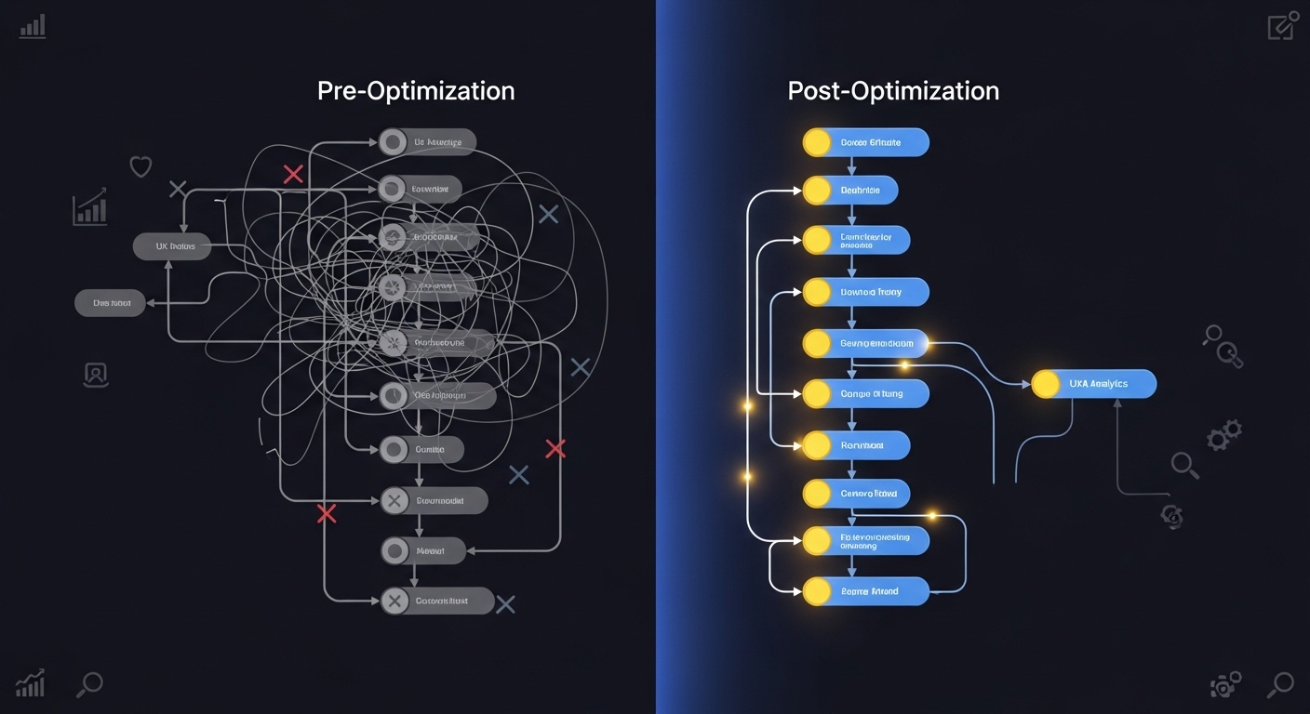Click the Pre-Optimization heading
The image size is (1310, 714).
tap(415, 91)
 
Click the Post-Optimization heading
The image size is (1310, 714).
tap(893, 91)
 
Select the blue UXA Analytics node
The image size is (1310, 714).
tap(1094, 384)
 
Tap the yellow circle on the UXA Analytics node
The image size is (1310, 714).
tap(1046, 384)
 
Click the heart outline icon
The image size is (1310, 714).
tap(140, 167)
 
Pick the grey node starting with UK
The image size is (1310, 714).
tap(172, 246)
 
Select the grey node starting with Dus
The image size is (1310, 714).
tap(110, 302)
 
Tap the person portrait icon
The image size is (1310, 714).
tap(96, 375)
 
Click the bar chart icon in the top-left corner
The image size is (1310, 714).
tap(33, 26)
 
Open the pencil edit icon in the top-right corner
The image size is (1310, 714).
tap(1281, 26)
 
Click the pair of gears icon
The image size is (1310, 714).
tap(1224, 435)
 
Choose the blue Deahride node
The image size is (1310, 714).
tap(849, 191)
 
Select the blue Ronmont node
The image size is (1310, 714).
tap(856, 445)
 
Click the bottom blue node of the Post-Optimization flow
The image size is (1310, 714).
tap(865, 591)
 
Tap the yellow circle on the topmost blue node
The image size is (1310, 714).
tap(816, 142)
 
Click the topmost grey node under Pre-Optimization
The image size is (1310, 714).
tap(427, 142)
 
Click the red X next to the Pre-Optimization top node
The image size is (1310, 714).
tap(293, 174)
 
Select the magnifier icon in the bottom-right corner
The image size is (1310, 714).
tap(1280, 685)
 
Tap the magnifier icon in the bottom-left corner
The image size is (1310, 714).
tap(89, 685)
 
